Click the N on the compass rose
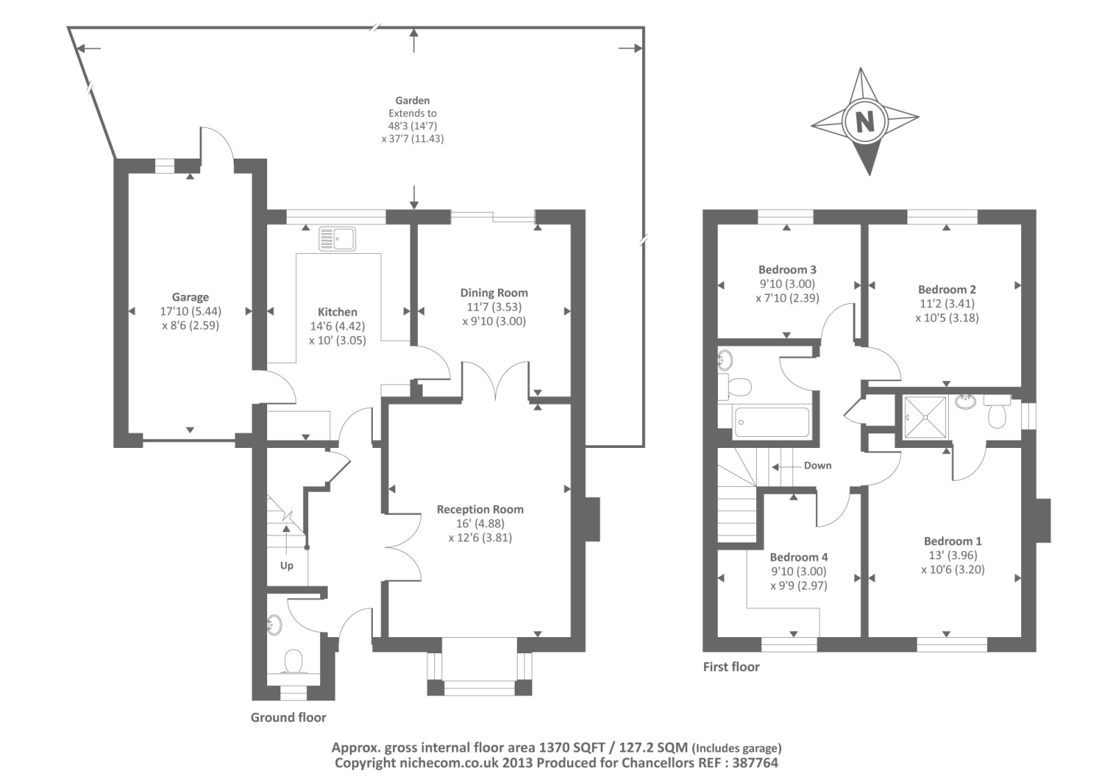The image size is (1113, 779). click(x=865, y=121)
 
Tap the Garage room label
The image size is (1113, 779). click(x=191, y=297)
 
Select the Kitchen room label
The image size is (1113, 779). click(x=337, y=312)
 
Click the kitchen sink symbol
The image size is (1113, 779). click(x=337, y=239)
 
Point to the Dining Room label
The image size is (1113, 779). click(x=494, y=293)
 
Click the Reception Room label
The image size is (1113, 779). click(x=480, y=509)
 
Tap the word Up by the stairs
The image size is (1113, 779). click(x=287, y=566)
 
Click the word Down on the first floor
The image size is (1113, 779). click(x=817, y=465)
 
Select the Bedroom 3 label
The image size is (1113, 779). click(x=787, y=270)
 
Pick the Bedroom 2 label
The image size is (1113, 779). click(x=947, y=289)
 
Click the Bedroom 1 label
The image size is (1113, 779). click(x=952, y=541)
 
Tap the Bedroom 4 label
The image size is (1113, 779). click(x=799, y=557)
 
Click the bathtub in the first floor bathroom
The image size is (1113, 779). click(x=771, y=422)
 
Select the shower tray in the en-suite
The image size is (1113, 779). click(x=925, y=417)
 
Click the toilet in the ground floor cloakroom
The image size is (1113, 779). click(x=294, y=661)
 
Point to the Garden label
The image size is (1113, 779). click(x=413, y=101)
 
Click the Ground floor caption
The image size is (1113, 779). click(x=288, y=717)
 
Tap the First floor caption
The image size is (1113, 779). click(x=731, y=667)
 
